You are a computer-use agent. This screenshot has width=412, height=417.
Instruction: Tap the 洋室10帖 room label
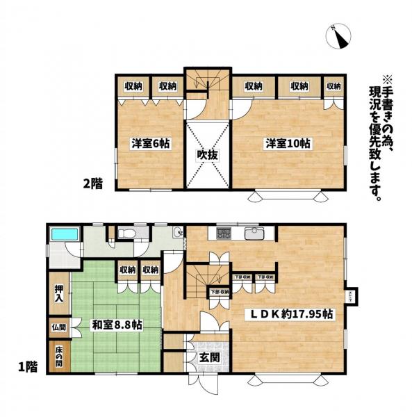click(x=287, y=144)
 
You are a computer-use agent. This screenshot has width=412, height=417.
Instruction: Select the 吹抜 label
click(x=206, y=154)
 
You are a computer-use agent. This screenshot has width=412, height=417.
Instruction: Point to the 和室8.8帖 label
click(x=116, y=324)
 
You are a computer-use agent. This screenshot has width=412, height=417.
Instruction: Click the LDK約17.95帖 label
click(x=292, y=314)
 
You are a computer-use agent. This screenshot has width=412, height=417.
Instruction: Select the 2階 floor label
click(x=93, y=184)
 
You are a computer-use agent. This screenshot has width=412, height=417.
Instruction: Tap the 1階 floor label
click(x=27, y=364)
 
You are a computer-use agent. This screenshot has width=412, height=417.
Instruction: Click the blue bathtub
click(x=64, y=234)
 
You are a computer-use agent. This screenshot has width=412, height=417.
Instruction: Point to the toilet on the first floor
click(x=127, y=234)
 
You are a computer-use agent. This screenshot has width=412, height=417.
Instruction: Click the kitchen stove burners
click(x=225, y=233)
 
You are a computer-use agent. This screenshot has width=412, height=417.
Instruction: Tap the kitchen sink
click(x=255, y=232)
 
